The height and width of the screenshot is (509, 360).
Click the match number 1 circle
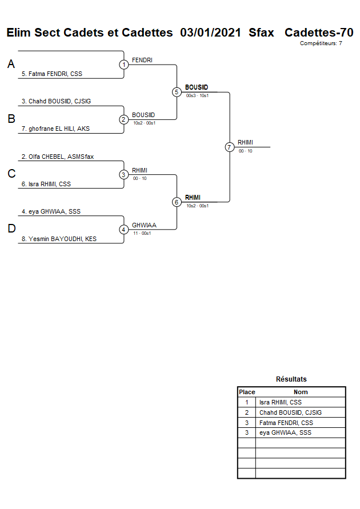click(x=124, y=65)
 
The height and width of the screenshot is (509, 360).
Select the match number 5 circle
click(x=177, y=92)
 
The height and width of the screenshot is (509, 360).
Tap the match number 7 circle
click(x=230, y=147)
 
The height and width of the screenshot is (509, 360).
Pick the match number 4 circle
click(x=124, y=230)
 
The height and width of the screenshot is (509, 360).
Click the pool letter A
click(x=11, y=65)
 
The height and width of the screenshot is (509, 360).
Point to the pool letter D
click(x=11, y=229)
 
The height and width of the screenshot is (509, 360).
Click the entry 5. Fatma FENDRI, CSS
click(x=52, y=74)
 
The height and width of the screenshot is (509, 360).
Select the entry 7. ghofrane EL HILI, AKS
click(x=55, y=129)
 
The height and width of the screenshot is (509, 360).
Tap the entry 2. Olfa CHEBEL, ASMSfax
click(x=57, y=157)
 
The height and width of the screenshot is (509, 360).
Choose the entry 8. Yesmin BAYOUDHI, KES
click(x=59, y=239)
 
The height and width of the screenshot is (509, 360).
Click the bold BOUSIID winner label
click(x=197, y=87)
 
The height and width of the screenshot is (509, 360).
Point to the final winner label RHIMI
click(x=246, y=142)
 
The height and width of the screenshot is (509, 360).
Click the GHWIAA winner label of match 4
click(x=144, y=225)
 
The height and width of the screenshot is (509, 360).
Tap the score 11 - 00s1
click(x=142, y=233)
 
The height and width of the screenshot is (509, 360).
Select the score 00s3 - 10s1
click(x=197, y=95)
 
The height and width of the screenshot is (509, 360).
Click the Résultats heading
click(x=291, y=379)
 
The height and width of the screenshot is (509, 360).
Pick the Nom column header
click(x=301, y=392)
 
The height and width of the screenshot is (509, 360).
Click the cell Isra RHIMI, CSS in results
click(x=280, y=402)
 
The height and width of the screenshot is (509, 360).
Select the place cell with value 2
click(x=247, y=412)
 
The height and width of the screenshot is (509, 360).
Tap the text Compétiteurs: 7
click(x=321, y=43)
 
